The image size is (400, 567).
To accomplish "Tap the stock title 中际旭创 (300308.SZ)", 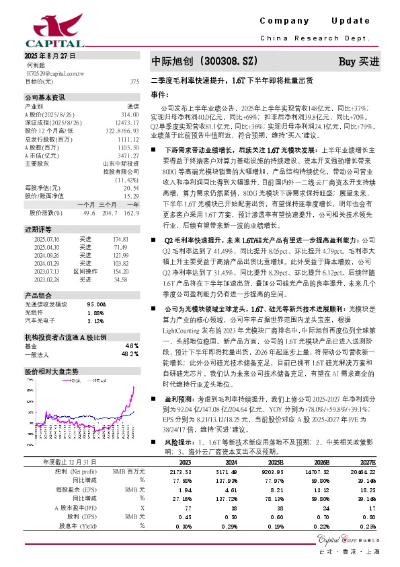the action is [x=204, y=61].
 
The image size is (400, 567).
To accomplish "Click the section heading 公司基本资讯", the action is [x=45, y=97].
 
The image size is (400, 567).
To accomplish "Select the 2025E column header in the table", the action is [x=275, y=462].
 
